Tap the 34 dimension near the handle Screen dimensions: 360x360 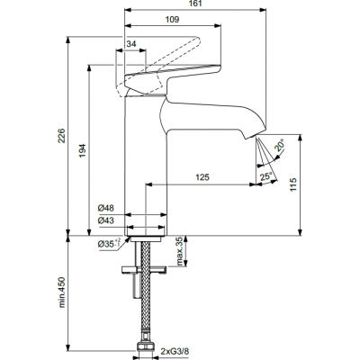pyautogui.click(x=131, y=43)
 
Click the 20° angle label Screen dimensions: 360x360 pyautogui.click(x=280, y=146)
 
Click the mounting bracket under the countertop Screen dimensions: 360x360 pyautogui.click(x=143, y=267)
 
